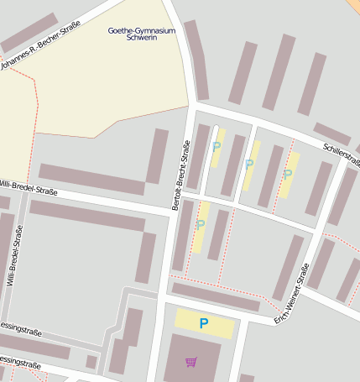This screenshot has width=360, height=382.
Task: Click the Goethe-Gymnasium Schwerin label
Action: point(142,34)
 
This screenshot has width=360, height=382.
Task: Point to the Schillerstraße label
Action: point(341,157)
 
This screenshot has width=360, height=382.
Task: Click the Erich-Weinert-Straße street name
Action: point(293,294)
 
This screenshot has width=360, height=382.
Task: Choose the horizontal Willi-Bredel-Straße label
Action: point(29,187)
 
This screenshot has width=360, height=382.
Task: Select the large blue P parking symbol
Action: point(203,323)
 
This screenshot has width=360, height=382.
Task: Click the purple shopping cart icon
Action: point(191,362)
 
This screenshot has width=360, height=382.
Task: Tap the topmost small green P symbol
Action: point(217,146)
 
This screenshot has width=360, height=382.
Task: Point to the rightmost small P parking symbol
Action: point(288,174)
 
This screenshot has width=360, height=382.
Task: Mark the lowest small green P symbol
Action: point(200,224)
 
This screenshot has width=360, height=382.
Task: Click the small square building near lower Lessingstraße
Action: point(91,362)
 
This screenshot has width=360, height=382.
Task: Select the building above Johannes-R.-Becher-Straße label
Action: point(29,32)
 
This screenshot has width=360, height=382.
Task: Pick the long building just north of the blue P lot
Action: point(216,296)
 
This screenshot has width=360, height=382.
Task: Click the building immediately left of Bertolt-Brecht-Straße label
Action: point(157,156)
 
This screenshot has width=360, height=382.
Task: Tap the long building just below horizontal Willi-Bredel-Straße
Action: point(88,215)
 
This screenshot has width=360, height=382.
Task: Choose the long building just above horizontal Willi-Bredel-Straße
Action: point(91,179)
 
